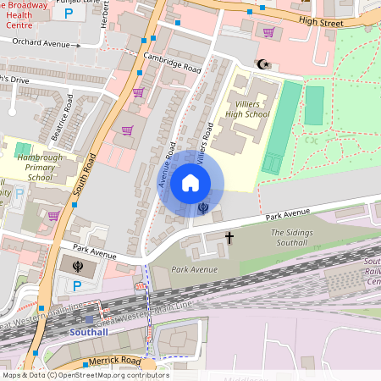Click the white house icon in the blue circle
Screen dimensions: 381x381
190,183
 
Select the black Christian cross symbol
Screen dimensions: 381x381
229,239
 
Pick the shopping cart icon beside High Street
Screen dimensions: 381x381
268,32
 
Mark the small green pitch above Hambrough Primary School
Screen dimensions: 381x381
22,150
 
